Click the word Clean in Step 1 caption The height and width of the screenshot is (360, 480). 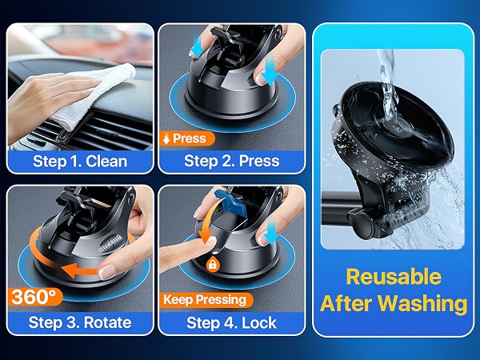[x=106, y=161]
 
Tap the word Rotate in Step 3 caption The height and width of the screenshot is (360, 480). [x=107, y=322]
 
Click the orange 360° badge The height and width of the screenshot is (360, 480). [x=35, y=297]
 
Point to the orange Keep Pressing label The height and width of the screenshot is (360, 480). [x=206, y=300]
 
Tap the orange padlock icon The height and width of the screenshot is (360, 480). [x=213, y=263]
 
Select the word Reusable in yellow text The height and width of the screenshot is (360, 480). [x=394, y=277]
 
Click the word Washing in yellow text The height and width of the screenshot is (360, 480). [x=422, y=303]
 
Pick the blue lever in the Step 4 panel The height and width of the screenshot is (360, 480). [x=229, y=202]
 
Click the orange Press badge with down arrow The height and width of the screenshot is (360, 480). [x=187, y=138]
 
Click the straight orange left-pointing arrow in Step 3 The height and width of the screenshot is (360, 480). [x=80, y=270]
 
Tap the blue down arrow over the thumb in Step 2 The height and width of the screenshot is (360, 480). [x=270, y=71]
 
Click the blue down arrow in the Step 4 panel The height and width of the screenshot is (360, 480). [x=270, y=231]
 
